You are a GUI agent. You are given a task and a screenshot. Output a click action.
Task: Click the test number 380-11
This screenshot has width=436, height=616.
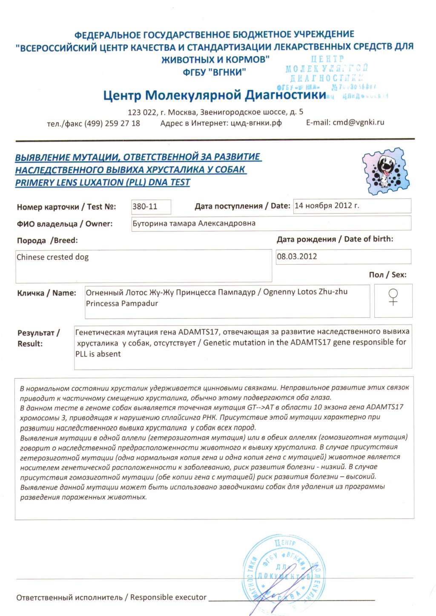[145, 207]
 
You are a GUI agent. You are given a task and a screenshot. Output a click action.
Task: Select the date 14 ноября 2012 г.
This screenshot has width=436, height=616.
[327, 205]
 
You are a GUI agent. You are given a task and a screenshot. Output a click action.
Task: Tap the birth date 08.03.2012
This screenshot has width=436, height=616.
[297, 257]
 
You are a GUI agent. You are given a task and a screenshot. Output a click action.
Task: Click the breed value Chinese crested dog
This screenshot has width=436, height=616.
[52, 257]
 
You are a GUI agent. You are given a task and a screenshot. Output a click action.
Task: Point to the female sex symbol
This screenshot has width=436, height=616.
[393, 297]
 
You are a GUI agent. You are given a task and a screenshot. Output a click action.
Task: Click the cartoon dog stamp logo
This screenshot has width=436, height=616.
[386, 171]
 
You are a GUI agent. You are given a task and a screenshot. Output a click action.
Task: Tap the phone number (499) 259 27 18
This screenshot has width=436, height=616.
[112, 123]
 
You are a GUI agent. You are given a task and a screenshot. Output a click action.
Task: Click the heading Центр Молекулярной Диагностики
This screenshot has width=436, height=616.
[215, 95]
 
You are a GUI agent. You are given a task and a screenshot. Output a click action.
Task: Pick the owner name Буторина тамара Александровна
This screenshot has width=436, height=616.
[194, 223]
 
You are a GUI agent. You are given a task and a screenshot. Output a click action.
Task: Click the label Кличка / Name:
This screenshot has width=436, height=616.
[46, 293]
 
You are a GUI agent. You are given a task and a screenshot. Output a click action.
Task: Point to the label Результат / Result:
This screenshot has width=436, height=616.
[38, 338]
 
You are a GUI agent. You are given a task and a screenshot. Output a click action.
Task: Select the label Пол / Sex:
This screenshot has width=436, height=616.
[387, 275]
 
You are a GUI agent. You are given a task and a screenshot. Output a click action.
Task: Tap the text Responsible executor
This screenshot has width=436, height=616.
[168, 597]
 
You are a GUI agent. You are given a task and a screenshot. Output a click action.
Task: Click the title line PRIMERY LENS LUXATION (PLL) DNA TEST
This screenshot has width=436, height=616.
[103, 183]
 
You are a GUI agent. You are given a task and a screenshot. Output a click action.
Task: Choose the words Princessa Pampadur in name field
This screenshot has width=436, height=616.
[122, 304]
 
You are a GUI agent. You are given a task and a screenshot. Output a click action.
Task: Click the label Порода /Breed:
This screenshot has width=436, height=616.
[47, 240]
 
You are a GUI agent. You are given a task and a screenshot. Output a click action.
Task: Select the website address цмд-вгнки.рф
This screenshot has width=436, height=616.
[256, 123]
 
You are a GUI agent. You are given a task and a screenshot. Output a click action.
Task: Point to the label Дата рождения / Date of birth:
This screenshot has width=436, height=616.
[335, 239]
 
